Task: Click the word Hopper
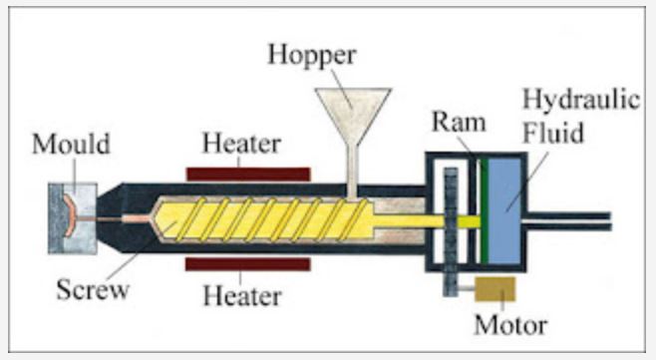click(x=311, y=54)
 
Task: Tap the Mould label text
click(x=71, y=146)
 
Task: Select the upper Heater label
click(x=242, y=144)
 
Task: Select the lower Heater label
click(x=241, y=295)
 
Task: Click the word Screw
click(x=93, y=291)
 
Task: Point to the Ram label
click(x=459, y=124)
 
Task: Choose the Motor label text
click(x=509, y=325)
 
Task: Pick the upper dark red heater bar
click(x=247, y=173)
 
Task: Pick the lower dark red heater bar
click(x=247, y=263)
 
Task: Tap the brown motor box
click(x=495, y=290)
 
